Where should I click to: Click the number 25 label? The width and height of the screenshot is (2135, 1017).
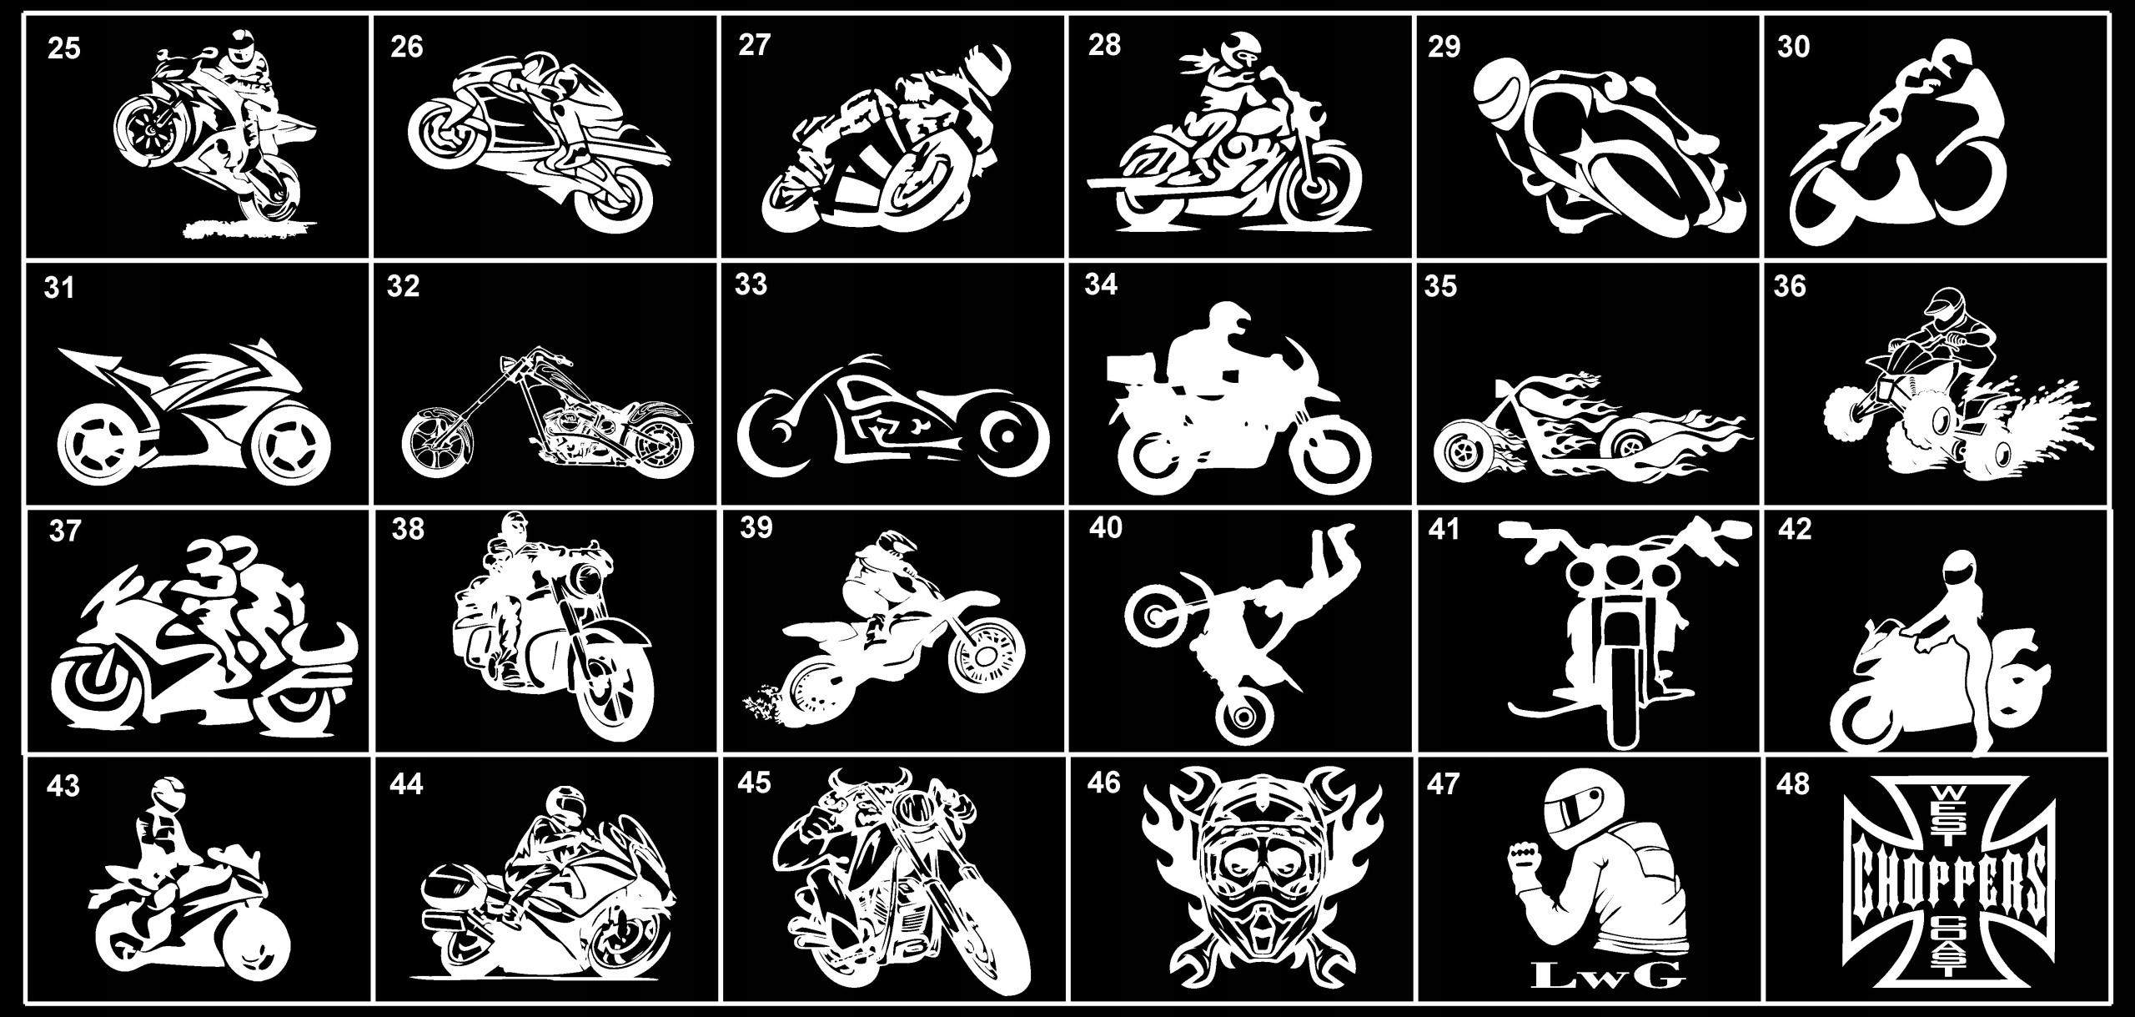(x=64, y=48)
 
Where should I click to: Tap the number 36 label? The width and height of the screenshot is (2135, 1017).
(x=1791, y=286)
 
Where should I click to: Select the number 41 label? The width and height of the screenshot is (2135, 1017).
(x=1444, y=530)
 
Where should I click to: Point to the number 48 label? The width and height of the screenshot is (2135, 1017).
(x=1793, y=785)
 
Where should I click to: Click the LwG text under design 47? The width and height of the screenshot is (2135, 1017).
(x=1595, y=971)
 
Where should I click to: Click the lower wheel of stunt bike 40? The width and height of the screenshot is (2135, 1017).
(x=1244, y=715)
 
